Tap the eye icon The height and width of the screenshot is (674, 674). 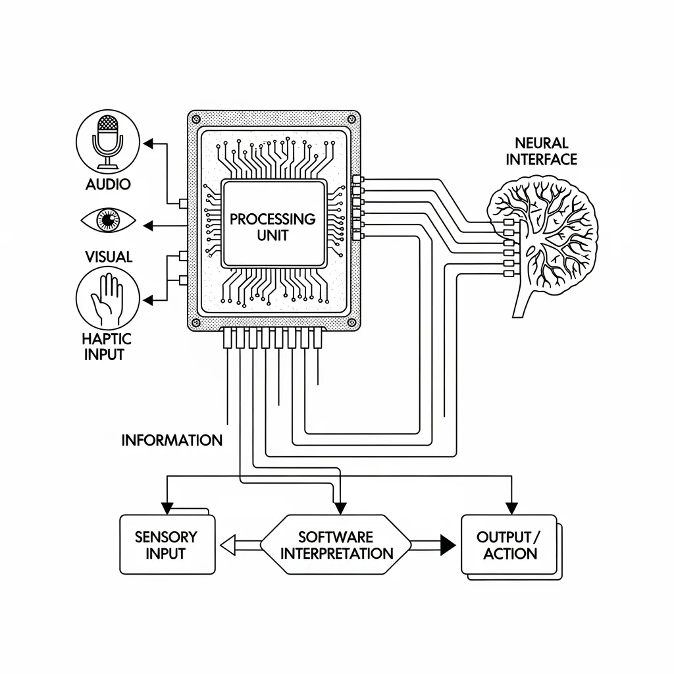pos(109,220)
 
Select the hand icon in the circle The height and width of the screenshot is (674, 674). pos(108,299)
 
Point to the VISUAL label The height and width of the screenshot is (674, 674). pos(109,257)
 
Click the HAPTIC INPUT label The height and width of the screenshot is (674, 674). pos(107,346)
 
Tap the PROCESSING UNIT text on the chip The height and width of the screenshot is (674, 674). pos(272,226)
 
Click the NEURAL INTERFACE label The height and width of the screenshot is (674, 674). pos(541,151)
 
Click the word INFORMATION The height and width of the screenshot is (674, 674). pos(172,440)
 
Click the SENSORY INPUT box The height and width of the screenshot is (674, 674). pos(167,544)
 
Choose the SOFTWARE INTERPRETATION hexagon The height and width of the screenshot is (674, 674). pos(336,544)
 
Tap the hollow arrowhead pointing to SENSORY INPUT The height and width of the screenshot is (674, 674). pos(227,545)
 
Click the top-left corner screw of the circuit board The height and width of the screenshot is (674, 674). pos(195,119)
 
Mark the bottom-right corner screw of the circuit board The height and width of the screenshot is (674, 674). pos(352,323)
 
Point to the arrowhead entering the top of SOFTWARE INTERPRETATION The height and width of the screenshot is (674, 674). pos(340,507)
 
